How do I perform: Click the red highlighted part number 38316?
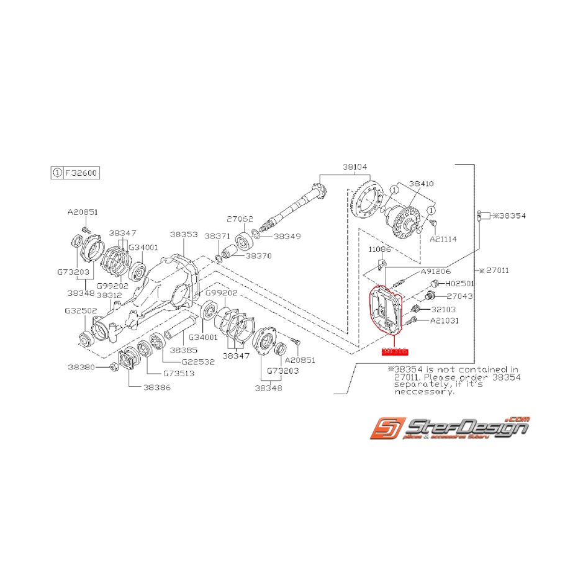(x=394, y=351)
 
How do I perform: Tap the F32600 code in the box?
(x=81, y=173)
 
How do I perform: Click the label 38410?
(x=422, y=184)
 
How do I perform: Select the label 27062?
(x=239, y=219)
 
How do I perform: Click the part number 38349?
(x=287, y=237)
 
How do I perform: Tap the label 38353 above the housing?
(x=184, y=235)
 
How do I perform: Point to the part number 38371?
(x=217, y=237)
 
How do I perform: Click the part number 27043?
(x=459, y=297)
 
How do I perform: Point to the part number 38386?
(x=156, y=386)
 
